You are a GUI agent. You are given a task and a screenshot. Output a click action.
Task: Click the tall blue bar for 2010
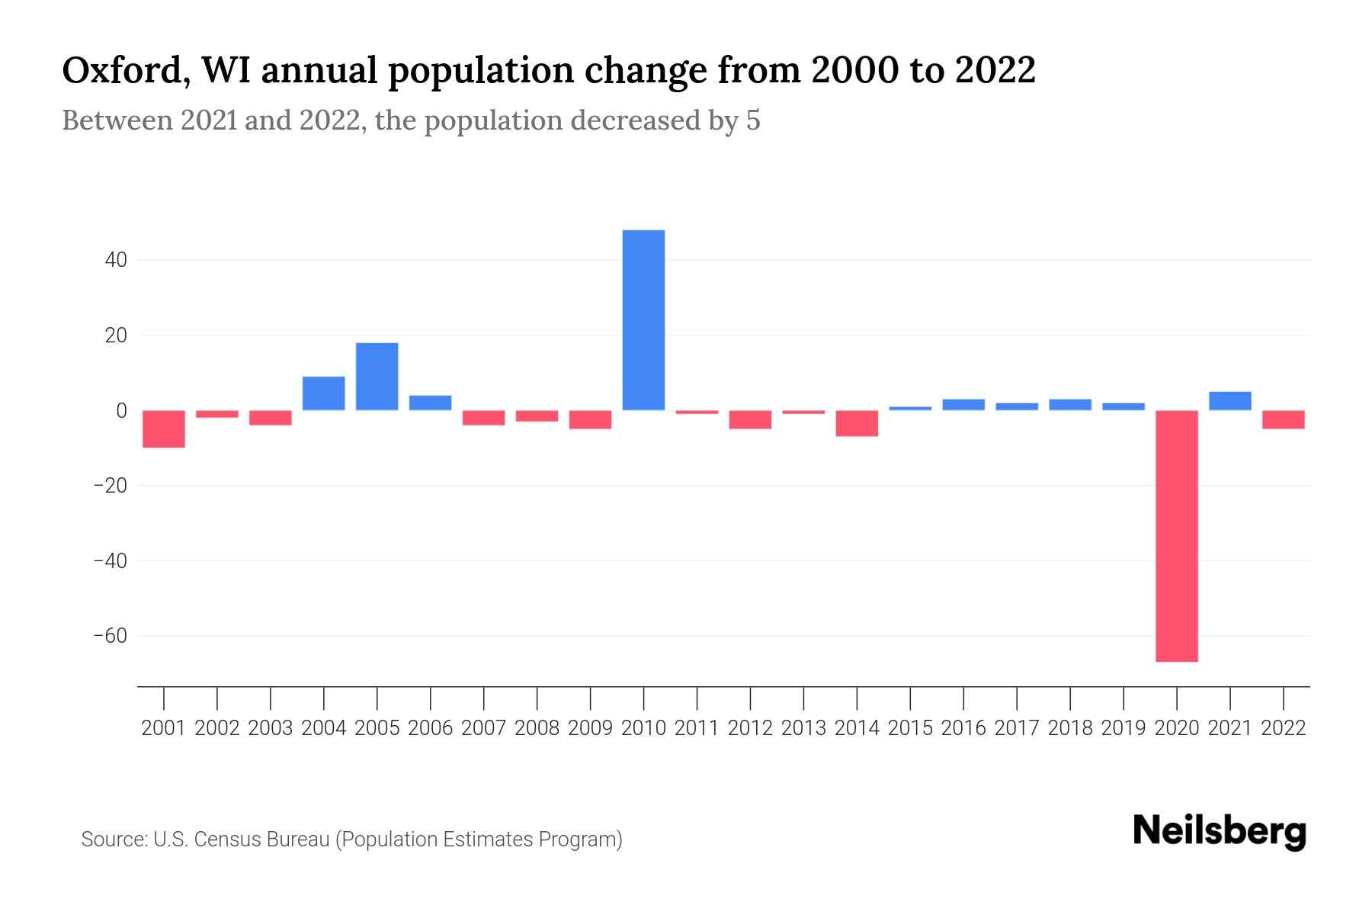click(x=643, y=320)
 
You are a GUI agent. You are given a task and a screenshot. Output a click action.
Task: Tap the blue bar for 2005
click(x=377, y=377)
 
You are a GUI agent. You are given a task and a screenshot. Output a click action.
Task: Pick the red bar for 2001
click(x=164, y=429)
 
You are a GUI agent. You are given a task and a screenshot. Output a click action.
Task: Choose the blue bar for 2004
click(x=323, y=393)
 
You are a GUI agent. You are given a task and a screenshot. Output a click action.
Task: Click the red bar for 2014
click(x=857, y=423)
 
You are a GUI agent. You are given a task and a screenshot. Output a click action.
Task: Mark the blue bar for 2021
click(x=1230, y=401)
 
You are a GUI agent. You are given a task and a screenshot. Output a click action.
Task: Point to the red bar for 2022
click(x=1284, y=419)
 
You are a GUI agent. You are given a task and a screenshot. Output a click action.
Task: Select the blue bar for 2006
click(x=430, y=403)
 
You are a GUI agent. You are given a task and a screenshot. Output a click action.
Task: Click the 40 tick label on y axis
click(x=116, y=261)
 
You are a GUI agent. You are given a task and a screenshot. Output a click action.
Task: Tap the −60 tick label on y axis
click(x=110, y=636)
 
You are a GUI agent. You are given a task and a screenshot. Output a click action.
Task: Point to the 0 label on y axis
click(x=121, y=411)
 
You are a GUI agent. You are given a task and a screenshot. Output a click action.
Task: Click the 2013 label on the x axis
click(x=803, y=728)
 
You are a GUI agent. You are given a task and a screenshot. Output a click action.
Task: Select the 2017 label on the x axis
click(x=1017, y=728)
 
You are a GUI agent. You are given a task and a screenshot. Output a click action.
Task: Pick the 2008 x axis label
click(x=537, y=728)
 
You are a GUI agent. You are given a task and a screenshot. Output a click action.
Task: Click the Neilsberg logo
click(x=1220, y=831)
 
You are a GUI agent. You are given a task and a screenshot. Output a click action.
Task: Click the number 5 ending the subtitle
click(x=753, y=121)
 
